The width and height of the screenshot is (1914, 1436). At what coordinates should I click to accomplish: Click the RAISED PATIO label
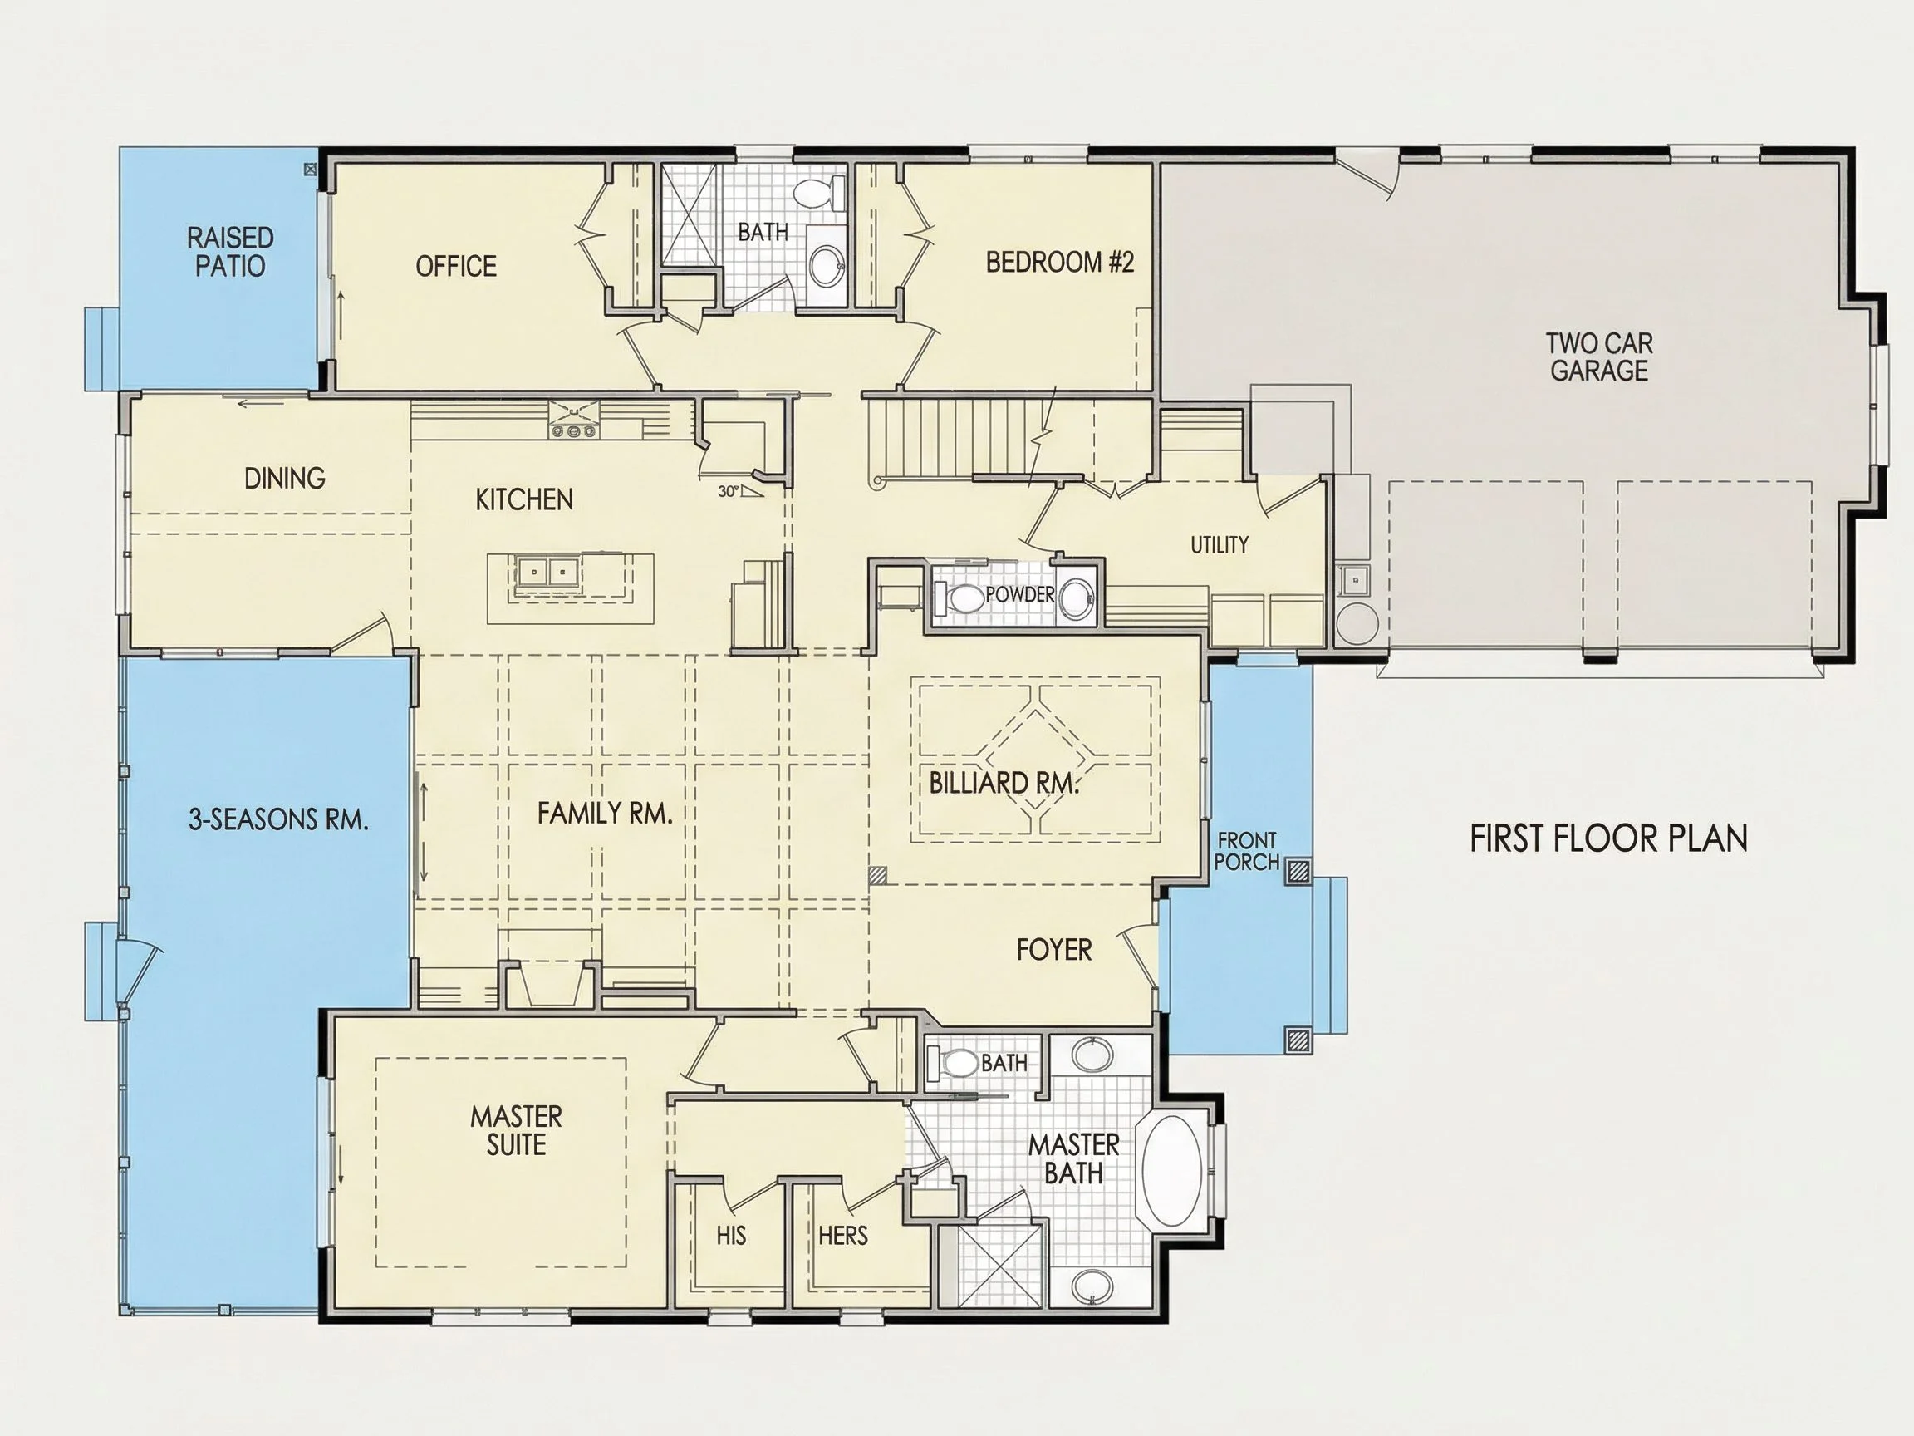click(x=230, y=252)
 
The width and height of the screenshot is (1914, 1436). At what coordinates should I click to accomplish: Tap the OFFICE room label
click(x=456, y=266)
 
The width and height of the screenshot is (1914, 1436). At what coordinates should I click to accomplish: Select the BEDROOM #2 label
click(x=1059, y=262)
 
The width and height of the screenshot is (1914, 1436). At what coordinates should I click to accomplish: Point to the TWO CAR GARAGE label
click(x=1599, y=357)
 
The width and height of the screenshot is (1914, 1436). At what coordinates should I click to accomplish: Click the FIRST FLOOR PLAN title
click(x=1608, y=838)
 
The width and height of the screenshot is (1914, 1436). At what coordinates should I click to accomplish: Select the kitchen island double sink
click(x=547, y=571)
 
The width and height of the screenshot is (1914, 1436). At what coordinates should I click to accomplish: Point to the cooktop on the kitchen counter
click(x=573, y=419)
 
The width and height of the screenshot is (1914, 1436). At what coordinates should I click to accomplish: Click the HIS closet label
click(x=731, y=1235)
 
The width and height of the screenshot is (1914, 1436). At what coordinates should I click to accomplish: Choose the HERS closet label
click(x=843, y=1235)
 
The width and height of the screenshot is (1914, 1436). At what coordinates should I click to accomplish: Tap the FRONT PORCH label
click(x=1247, y=851)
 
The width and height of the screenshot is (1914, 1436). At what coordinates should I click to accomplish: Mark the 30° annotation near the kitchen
click(x=729, y=492)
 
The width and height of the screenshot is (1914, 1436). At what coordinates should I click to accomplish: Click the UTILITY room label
click(x=1220, y=544)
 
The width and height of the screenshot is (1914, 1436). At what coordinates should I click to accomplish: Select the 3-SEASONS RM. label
click(x=278, y=819)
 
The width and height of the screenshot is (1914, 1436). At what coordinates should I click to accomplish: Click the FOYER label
click(x=1054, y=950)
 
